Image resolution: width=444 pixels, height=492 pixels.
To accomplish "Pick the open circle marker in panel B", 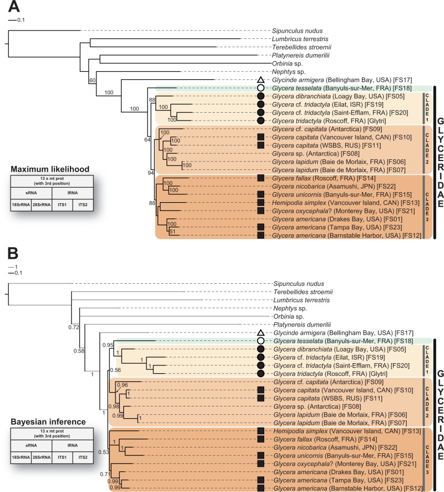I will [260, 340].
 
